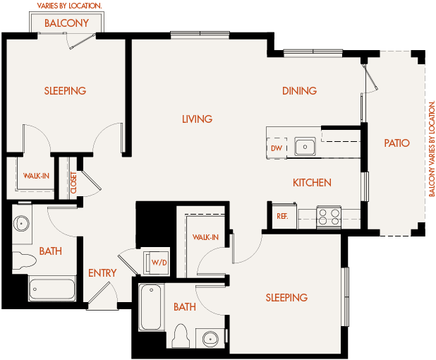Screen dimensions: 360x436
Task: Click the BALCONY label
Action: pos(67,23)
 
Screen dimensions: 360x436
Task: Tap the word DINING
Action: pos(299,90)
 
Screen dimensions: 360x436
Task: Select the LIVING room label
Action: pos(197,119)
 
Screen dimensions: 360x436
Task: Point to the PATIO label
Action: pos(396,143)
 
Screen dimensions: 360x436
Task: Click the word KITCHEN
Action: pos(312,183)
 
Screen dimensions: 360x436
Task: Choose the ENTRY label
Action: pos(102,273)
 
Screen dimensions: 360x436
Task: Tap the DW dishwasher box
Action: pos(277,148)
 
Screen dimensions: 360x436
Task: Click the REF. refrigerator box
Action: pos(282,216)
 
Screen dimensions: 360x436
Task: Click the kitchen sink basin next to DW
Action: pos(305,147)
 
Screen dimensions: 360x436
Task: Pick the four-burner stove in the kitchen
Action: pos(328,216)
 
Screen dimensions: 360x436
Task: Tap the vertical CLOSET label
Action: pos(73,182)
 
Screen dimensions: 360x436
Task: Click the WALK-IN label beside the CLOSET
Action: pos(36,176)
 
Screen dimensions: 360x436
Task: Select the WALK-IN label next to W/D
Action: pos(205,237)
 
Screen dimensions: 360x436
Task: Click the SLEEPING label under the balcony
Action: pos(65,90)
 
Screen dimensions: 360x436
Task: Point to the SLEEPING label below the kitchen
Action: pos(286,297)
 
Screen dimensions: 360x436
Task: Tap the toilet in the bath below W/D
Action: pos(180,336)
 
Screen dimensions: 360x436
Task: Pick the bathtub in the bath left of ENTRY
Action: pos(52,289)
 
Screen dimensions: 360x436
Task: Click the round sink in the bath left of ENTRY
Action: pos(21,224)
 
